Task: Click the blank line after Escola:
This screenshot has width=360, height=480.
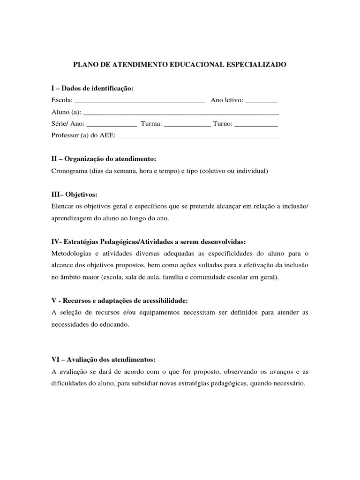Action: pos(140,100)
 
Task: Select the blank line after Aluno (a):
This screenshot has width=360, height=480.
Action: pos(180,112)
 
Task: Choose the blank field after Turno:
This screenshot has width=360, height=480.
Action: pos(255,125)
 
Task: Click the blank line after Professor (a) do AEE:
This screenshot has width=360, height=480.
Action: pos(198,136)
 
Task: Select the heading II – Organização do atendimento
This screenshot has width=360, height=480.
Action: pos(103,159)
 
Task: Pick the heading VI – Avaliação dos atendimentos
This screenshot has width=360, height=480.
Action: pos(103,360)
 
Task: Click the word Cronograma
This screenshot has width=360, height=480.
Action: pos(68,172)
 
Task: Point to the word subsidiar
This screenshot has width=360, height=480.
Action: pos(159,383)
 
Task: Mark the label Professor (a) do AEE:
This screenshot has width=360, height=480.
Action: pos(82,136)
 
